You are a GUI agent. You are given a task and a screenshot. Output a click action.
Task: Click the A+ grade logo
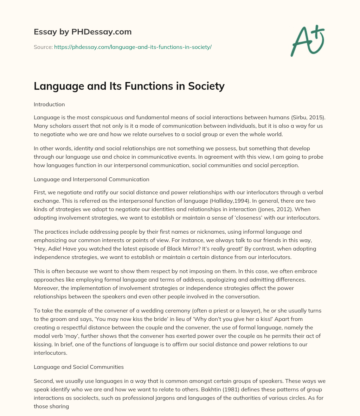tap(307, 41)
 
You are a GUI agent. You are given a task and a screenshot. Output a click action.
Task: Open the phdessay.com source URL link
tap(133, 47)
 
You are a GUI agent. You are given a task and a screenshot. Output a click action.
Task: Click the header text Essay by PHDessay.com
tap(83, 32)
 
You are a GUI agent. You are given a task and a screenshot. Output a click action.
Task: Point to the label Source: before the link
tap(43, 47)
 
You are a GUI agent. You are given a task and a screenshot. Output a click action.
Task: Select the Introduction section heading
tap(49, 105)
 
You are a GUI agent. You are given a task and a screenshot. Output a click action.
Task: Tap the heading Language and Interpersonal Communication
tap(91, 179)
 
